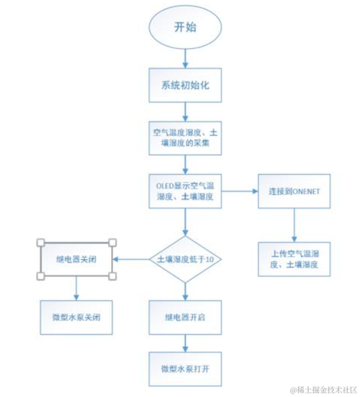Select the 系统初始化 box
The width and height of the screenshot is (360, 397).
pos(185,85)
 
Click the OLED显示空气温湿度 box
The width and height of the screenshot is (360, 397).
pos(185,190)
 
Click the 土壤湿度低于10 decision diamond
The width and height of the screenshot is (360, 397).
pos(185,260)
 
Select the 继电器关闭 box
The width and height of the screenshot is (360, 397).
pos(76,259)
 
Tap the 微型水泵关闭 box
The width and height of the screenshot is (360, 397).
pos(76,315)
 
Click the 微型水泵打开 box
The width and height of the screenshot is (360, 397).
pos(185,369)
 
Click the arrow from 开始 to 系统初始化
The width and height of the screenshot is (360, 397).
pos(185,58)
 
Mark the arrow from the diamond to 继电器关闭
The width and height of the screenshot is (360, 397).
pos(130,260)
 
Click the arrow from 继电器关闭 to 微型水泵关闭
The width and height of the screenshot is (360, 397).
pos(76,287)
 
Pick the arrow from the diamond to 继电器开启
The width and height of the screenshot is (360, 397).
pos(185,291)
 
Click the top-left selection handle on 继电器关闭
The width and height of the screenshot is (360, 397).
pos(39,243)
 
